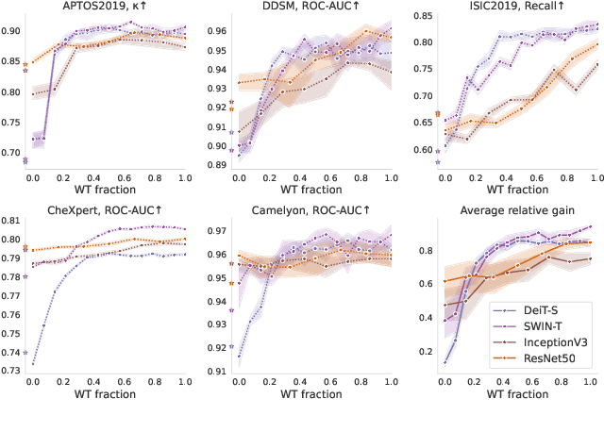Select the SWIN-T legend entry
click(x=543, y=324)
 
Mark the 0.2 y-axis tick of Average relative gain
click(x=421, y=352)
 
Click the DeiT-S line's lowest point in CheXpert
click(x=33, y=363)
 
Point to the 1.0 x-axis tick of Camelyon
click(x=389, y=380)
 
